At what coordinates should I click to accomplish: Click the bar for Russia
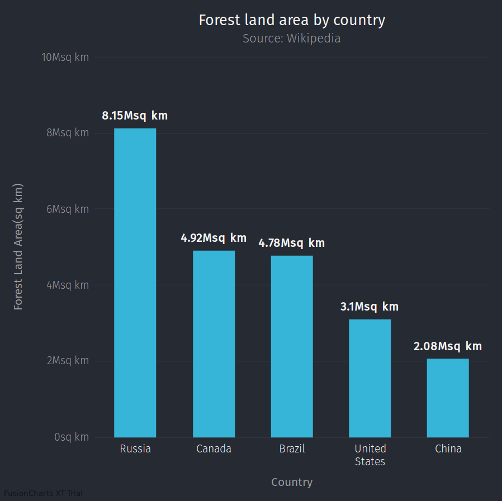pyautogui.click(x=135, y=283)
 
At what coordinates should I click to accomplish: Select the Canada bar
pyautogui.click(x=214, y=343)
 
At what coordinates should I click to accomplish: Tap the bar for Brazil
pyautogui.click(x=292, y=346)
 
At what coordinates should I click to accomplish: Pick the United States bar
pyautogui.click(x=370, y=378)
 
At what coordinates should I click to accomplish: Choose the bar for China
pyautogui.click(x=448, y=398)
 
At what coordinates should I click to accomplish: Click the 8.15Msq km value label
pyautogui.click(x=135, y=116)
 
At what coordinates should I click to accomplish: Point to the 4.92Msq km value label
pyautogui.click(x=214, y=238)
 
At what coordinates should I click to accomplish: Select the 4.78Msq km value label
pyautogui.click(x=291, y=243)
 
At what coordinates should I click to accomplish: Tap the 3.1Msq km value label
pyautogui.click(x=370, y=307)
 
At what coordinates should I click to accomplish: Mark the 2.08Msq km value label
pyautogui.click(x=448, y=346)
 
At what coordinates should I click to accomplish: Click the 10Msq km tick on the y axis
pyautogui.click(x=65, y=57)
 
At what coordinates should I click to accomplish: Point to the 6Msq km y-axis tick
pyautogui.click(x=68, y=209)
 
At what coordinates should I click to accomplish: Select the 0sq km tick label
pyautogui.click(x=72, y=437)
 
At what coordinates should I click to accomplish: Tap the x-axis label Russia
pyautogui.click(x=135, y=449)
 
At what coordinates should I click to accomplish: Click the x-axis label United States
pyautogui.click(x=370, y=455)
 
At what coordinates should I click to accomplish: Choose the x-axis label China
pyautogui.click(x=448, y=449)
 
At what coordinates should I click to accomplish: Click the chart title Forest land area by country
pyautogui.click(x=292, y=20)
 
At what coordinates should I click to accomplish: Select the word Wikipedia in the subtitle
pyautogui.click(x=314, y=39)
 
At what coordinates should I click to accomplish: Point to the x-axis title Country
pyautogui.click(x=292, y=482)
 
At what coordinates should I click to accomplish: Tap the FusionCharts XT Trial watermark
pyautogui.click(x=43, y=494)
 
